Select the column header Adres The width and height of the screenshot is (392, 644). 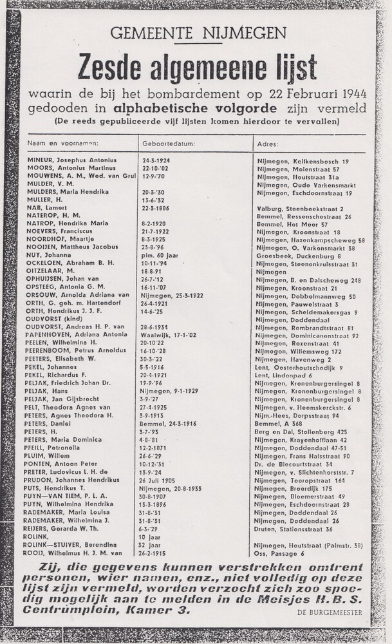(267, 144)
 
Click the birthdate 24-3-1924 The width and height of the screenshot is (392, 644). (156, 160)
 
